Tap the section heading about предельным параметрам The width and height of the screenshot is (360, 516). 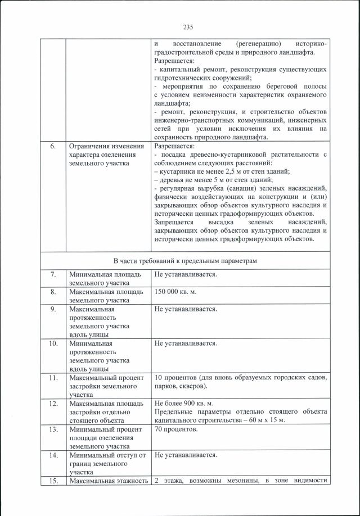pos(184,261)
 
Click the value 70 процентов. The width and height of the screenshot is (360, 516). pos(175,429)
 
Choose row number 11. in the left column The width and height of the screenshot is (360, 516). pos(53,377)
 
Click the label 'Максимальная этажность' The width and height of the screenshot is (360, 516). pos(108,481)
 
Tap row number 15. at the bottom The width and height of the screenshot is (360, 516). pos(53,481)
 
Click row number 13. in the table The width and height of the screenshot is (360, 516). pos(53,429)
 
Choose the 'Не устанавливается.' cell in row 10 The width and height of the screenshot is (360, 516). pos(185,343)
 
